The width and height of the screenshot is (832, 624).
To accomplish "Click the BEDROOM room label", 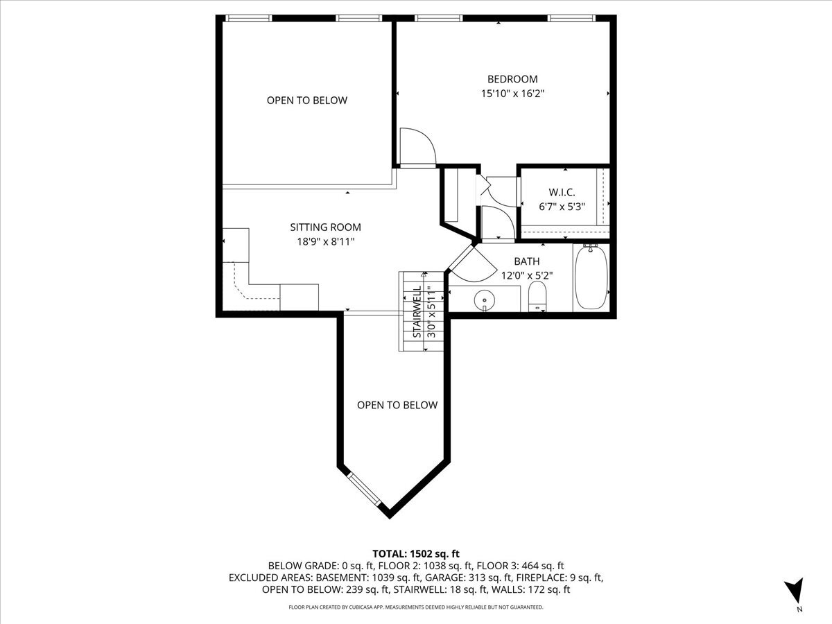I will [x=512, y=79].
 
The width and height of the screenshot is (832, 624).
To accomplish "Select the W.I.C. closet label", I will [x=562, y=192].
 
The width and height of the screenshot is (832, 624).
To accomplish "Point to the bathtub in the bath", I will [x=591, y=278].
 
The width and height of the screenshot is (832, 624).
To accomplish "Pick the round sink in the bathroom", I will [x=484, y=300].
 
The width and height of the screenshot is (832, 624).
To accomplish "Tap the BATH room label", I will [x=526, y=261].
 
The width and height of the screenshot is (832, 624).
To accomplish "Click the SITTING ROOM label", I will [x=325, y=227].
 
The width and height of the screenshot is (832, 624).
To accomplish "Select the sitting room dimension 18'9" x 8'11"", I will [x=325, y=241].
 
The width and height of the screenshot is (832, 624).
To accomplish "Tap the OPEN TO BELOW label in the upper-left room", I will [x=307, y=101].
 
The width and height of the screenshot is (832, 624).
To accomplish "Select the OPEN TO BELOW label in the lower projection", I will [x=397, y=405].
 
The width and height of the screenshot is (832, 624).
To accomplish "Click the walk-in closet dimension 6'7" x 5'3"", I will [x=562, y=206].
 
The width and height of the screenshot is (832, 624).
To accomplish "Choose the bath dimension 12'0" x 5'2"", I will [x=526, y=275].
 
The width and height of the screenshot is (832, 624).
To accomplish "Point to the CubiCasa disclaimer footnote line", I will [x=416, y=607].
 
